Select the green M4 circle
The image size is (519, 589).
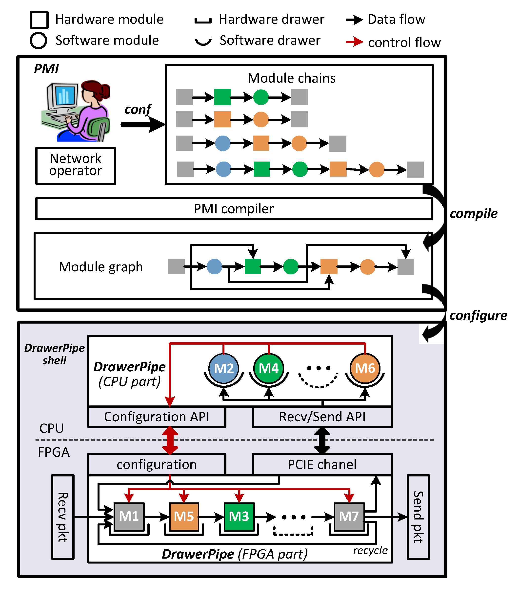coord(268,368)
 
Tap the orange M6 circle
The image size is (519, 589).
coord(365,368)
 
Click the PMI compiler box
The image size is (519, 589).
coord(234,209)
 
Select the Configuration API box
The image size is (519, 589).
coord(157,417)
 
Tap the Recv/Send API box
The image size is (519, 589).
coord(322,417)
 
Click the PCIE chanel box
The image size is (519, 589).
coord(322,465)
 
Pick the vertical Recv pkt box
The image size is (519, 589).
coord(63,517)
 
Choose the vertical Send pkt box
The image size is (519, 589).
coord(418,517)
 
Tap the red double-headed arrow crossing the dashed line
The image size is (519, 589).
coord(170,440)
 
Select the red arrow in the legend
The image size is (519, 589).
coord(355,42)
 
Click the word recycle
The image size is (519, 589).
coord(370,550)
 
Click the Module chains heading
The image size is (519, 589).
coord(291,78)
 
